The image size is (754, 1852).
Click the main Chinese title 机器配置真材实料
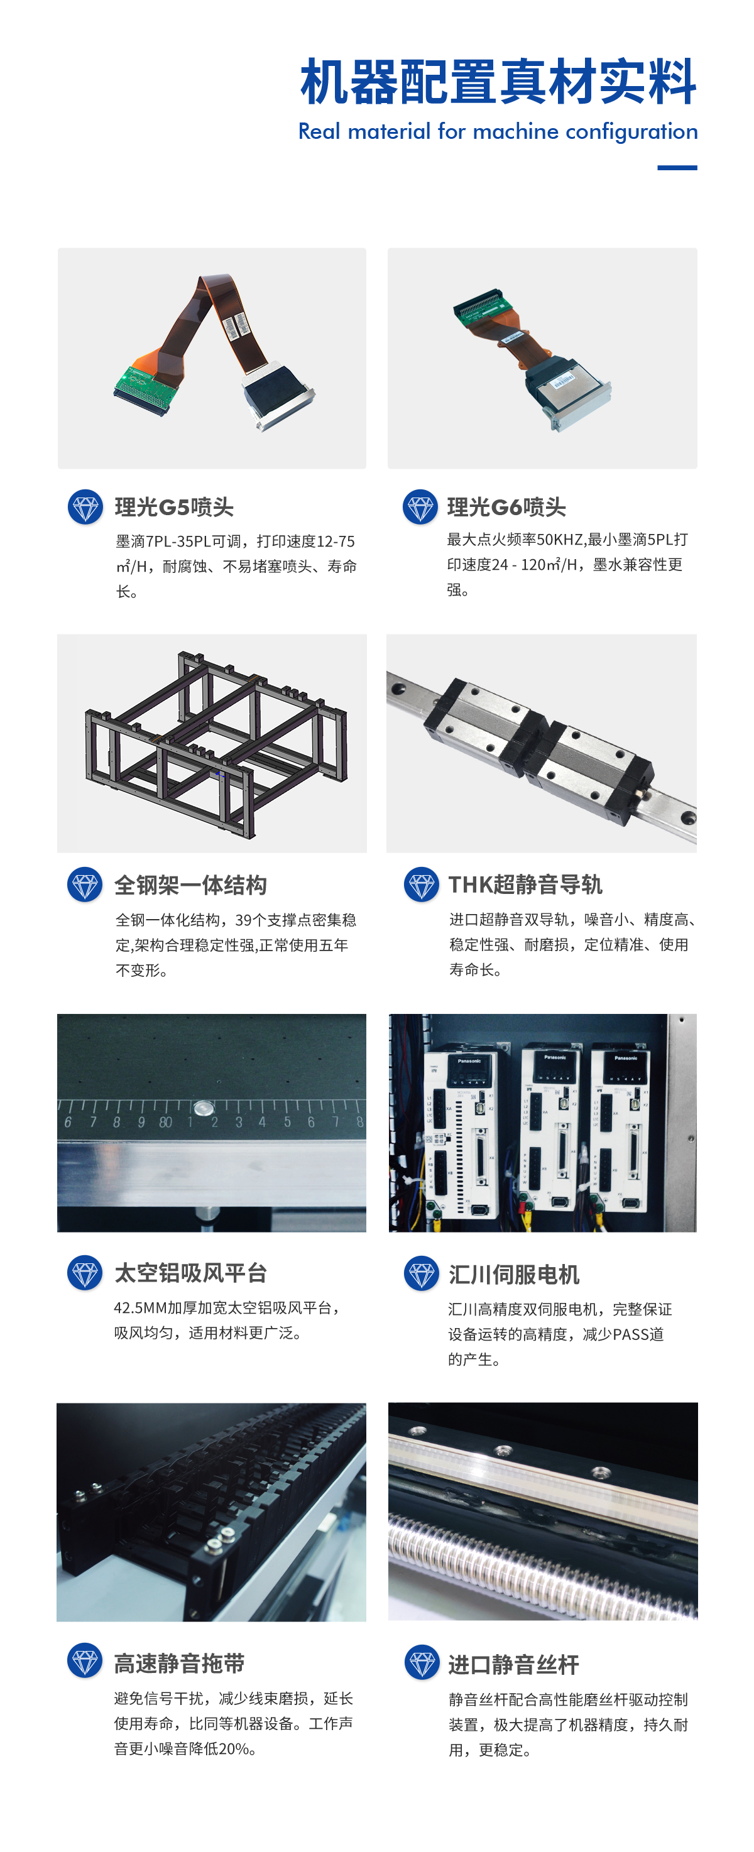click(x=498, y=82)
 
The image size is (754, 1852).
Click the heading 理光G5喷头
click(x=173, y=507)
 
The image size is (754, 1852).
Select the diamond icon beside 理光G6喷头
click(x=420, y=507)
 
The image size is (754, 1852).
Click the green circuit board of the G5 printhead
click(x=144, y=388)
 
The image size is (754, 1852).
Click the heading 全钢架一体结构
click(x=190, y=885)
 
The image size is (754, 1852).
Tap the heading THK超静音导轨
click(x=525, y=885)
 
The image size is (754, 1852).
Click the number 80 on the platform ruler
click(x=165, y=1122)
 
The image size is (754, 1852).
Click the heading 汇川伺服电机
click(x=513, y=1275)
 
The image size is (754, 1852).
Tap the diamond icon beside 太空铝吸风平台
click(x=85, y=1273)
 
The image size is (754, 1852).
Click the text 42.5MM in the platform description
click(x=139, y=1308)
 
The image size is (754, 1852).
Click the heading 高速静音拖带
click(x=179, y=1663)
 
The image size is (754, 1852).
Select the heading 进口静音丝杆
click(x=513, y=1664)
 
